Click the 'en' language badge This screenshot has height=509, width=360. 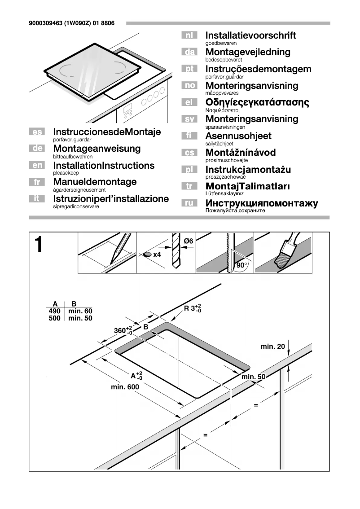[37, 166]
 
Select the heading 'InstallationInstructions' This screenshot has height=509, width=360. [103, 166]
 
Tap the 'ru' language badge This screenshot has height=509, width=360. [189, 203]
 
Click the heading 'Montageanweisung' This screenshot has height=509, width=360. [97, 149]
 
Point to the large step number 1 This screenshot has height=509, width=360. [40, 245]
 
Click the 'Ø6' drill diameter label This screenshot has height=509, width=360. [189, 241]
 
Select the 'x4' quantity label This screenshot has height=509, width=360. [157, 254]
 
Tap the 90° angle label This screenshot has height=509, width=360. [242, 265]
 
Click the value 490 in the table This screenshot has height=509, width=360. [54, 311]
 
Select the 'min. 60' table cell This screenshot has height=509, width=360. [80, 311]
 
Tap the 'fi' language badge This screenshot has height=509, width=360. [189, 136]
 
